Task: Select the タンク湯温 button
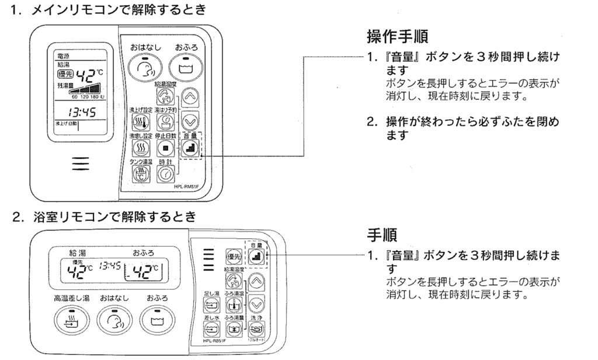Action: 142,172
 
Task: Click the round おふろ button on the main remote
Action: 185,67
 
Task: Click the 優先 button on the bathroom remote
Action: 232,255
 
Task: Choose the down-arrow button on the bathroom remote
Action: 255,303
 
